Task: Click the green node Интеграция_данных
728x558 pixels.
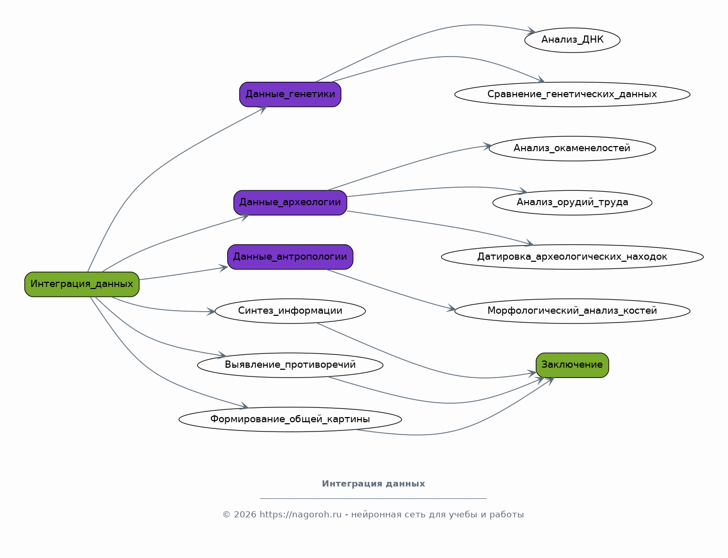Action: coord(82,284)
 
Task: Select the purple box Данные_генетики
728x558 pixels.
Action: coord(290,95)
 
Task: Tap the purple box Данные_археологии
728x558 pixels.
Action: coord(290,203)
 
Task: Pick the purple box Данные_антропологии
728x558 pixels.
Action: coord(290,257)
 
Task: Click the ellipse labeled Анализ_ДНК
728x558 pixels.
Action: coord(572,40)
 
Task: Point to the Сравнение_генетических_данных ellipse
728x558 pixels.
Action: coord(572,95)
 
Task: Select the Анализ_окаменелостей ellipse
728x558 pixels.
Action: coord(572,149)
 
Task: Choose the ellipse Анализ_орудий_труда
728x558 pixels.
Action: coord(572,203)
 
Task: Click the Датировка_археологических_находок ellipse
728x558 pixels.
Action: coord(572,257)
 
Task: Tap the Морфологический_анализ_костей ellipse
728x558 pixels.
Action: coord(572,311)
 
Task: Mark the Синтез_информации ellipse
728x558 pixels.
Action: coord(290,311)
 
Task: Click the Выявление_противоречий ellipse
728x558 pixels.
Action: coord(290,365)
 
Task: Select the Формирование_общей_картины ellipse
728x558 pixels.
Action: coord(290,419)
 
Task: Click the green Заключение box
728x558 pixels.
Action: coord(572,365)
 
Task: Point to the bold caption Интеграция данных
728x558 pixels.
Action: coord(373,483)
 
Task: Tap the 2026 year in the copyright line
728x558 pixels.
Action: coord(245,514)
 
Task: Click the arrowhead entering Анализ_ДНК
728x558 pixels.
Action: coord(531,31)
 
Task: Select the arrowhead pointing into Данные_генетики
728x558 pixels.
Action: coord(262,110)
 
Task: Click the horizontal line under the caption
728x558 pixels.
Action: coord(373,499)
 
